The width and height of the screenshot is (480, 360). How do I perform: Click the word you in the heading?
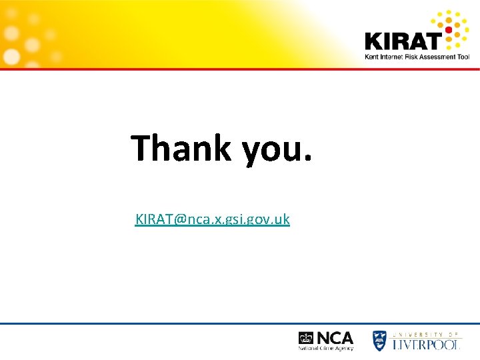click(x=269, y=150)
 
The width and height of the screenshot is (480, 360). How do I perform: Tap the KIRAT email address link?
click(x=212, y=219)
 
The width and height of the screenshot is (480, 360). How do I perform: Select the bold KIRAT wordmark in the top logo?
click(x=403, y=41)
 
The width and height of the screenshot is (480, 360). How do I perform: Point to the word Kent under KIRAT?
click(x=371, y=57)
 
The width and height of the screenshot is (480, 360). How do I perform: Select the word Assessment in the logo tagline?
click(x=441, y=57)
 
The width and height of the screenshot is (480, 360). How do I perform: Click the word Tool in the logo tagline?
click(x=464, y=57)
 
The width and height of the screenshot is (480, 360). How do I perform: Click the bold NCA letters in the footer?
click(x=335, y=337)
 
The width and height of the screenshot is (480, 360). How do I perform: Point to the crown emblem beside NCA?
click(x=306, y=338)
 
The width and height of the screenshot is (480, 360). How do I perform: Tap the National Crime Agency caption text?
click(x=326, y=348)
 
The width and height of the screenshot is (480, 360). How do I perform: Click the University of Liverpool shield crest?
click(x=379, y=341)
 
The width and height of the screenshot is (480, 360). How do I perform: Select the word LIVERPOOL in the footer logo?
click(x=426, y=344)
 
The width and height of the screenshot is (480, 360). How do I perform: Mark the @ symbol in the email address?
click(x=179, y=219)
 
